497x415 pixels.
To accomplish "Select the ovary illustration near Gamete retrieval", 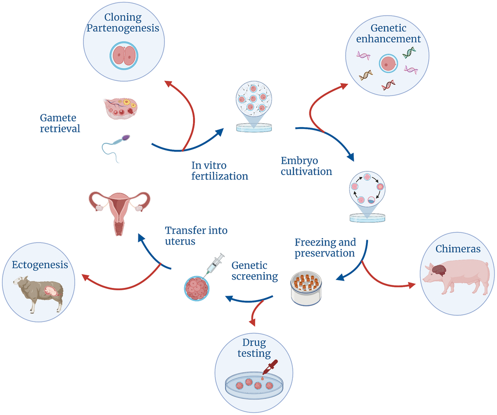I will tap(120, 108).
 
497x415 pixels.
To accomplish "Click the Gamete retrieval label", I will tap(60, 123).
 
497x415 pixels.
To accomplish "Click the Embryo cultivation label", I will tap(306, 166).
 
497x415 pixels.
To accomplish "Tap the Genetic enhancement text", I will tap(388, 33).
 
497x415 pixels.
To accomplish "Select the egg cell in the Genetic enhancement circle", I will tap(388, 63).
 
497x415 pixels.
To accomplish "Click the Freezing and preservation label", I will tap(325, 247).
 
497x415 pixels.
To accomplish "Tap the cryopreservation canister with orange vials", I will tap(306, 288).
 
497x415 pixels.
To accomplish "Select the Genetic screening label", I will tap(254, 271).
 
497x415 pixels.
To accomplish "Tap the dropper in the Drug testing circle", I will tap(268, 368).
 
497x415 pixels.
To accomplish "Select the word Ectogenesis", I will tap(40, 265).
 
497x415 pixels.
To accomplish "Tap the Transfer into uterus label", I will tap(196, 236).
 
